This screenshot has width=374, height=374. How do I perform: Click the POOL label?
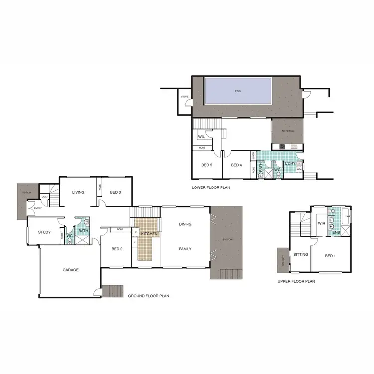click(237, 91)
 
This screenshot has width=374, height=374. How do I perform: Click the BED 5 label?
click(208, 166)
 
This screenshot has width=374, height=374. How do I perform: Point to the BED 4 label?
click(236, 166)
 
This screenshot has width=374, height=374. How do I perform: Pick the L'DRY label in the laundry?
click(290, 163)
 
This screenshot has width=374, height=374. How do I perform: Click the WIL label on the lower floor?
click(202, 136)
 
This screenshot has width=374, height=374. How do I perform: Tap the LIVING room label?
click(78, 192)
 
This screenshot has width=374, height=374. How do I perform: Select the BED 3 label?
click(116, 192)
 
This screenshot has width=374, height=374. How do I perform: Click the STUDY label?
click(45, 232)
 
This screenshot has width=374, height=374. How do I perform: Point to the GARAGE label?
click(70, 270)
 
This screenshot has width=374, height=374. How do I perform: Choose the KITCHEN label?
click(150, 234)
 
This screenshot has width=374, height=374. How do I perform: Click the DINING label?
click(185, 224)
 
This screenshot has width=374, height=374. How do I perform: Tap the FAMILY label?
click(185, 249)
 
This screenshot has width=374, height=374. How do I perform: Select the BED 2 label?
click(117, 249)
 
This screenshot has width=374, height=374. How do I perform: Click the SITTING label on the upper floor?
click(301, 254)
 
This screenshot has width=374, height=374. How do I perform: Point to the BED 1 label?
click(330, 256)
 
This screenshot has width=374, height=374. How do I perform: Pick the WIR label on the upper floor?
click(322, 223)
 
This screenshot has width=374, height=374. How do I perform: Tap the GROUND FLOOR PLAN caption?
click(148, 296)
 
